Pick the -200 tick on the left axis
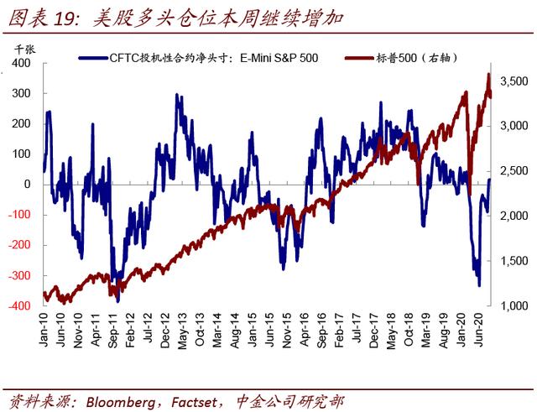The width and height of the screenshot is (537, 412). (x=20, y=246)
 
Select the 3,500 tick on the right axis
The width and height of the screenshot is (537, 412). (x=511, y=81)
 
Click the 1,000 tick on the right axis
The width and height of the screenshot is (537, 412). (x=511, y=306)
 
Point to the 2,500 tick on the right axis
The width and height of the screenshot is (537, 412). (x=511, y=171)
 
